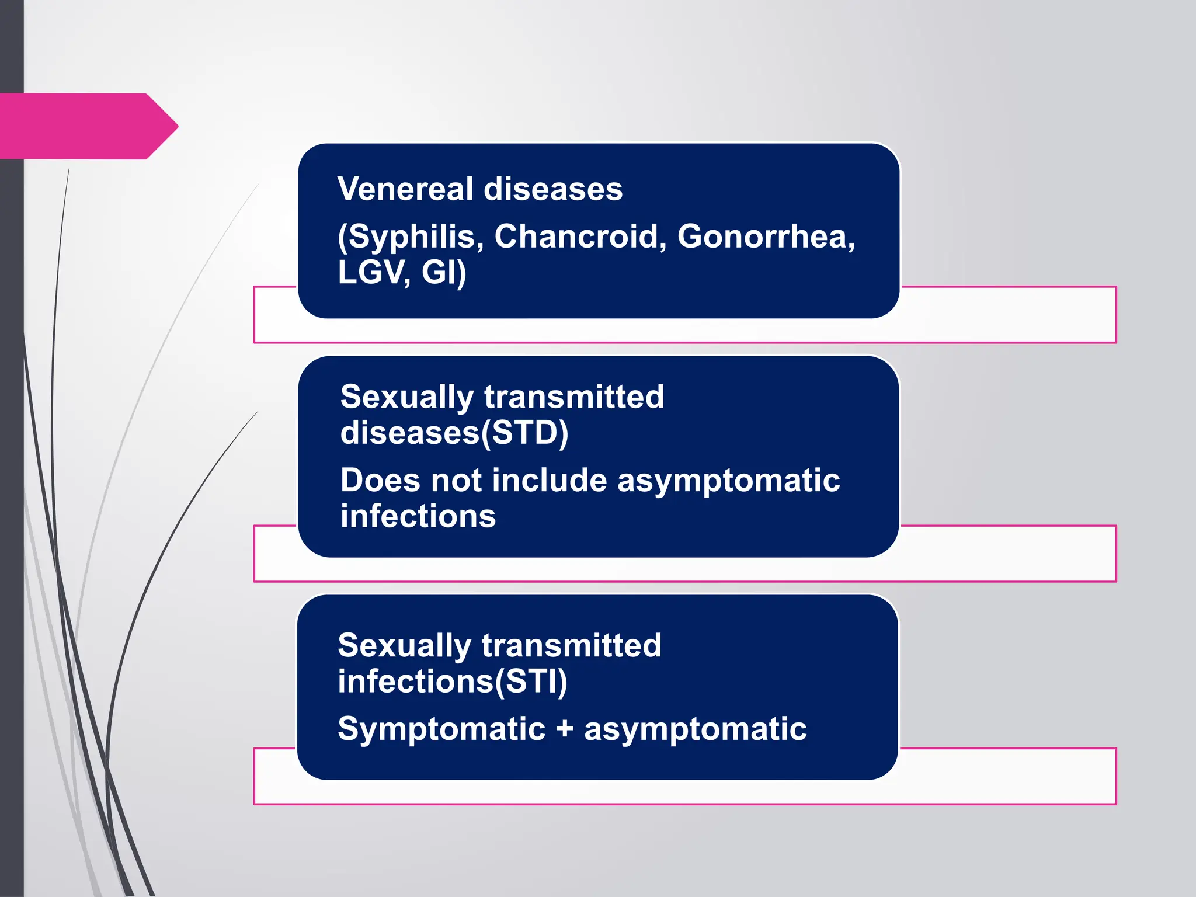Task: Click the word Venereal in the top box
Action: (405, 189)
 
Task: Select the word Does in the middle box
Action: (380, 481)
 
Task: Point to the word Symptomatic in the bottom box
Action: (441, 729)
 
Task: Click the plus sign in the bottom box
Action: (564, 729)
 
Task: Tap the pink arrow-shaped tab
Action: (88, 126)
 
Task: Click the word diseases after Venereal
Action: (553, 189)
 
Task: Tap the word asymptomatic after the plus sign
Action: (695, 729)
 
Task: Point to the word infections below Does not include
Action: (418, 517)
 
